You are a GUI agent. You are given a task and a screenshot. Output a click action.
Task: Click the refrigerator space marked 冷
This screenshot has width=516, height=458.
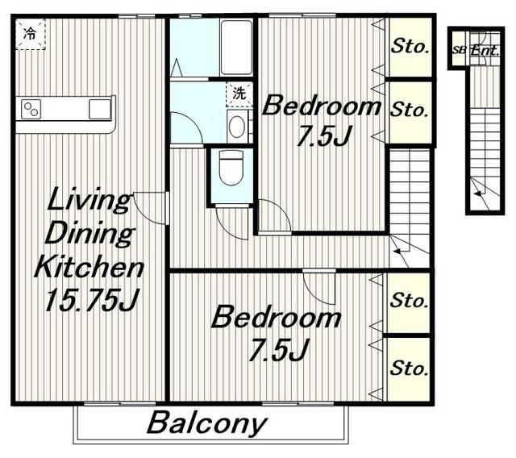pos(31,34)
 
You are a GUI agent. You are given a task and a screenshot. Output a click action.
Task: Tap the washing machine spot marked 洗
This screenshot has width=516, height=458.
pos(239,94)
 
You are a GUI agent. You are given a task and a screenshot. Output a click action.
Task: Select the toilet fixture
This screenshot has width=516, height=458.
pos(231,167)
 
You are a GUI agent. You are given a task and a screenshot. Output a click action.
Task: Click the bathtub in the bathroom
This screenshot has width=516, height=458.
pos(236,48)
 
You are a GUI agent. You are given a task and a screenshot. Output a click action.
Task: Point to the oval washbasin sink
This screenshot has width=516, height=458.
pos(236,127)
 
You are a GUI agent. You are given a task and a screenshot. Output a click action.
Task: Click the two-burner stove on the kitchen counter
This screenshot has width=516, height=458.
pos(31,109)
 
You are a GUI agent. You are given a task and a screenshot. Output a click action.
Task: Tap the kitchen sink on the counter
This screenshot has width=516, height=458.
pos(100,109)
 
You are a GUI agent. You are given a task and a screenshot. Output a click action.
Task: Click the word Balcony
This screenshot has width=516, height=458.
pos(207,423)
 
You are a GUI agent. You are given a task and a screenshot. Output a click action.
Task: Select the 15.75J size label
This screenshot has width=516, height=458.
pos(92,300)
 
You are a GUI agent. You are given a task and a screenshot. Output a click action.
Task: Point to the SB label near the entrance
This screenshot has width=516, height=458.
pos(460,51)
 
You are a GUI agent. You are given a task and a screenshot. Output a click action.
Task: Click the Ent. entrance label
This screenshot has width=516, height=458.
pos(485,50)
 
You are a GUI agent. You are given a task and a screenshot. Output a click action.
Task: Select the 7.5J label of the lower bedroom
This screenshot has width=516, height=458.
pos(278,351)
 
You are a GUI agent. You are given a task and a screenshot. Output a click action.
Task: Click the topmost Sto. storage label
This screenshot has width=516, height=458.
pos(410,46)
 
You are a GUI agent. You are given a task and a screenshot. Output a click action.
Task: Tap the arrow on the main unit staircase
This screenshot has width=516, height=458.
pos(402,250)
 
